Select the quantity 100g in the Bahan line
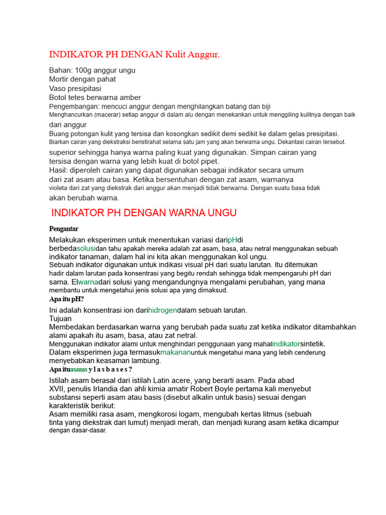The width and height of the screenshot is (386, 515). (83, 70)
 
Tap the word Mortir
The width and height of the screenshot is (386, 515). (60, 79)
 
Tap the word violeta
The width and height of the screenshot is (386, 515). (60, 188)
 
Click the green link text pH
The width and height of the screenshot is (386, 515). (232, 239)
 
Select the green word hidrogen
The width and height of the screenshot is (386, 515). (163, 310)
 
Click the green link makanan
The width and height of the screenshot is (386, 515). (176, 352)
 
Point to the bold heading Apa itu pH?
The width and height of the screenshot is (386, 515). (66, 299)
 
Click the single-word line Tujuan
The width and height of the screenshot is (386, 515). (60, 318)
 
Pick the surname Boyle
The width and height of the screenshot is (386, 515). (221, 389)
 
